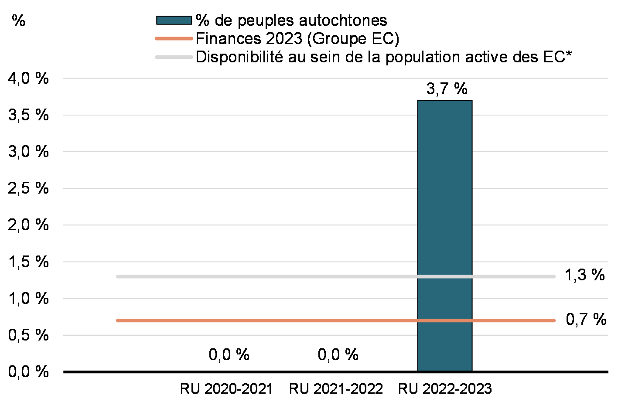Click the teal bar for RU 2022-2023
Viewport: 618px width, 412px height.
[444, 235]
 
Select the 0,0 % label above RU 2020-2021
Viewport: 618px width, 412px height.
[229, 355]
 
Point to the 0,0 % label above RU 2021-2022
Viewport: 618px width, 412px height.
[338, 355]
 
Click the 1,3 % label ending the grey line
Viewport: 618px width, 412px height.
[585, 276]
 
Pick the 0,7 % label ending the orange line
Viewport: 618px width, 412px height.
[586, 320]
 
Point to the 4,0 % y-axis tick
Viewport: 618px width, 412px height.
[27, 79]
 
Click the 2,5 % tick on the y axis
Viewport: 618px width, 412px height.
[27, 189]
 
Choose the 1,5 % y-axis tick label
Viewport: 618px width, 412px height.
[27, 262]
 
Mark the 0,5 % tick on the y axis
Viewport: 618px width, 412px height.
[27, 335]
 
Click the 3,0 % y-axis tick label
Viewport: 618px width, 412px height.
[27, 152]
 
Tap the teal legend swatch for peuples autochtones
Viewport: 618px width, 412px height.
[174, 20]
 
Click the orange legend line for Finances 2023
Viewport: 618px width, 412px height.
[174, 39]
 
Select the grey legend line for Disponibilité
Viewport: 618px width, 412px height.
[174, 57]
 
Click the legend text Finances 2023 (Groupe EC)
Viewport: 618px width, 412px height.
[297, 39]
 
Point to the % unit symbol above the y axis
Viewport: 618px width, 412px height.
[18, 20]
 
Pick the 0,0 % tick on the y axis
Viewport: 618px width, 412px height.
[27, 372]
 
